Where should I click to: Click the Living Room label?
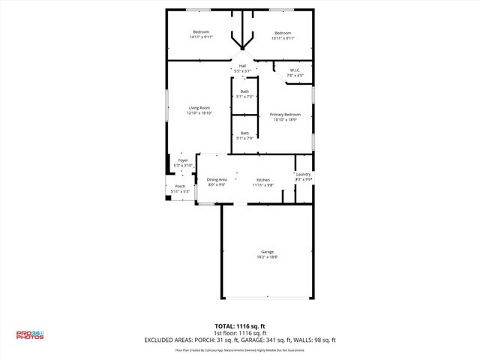(199, 108)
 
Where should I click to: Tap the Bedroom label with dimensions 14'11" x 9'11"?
(201, 33)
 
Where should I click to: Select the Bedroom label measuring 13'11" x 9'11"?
(283, 33)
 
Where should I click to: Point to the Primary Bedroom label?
(285, 114)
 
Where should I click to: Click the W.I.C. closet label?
(295, 70)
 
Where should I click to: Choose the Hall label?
(242, 66)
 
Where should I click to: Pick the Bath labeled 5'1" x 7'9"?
(245, 133)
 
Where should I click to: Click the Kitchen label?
(263, 180)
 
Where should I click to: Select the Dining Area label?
(217, 180)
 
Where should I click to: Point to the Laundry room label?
(303, 175)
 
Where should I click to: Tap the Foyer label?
(183, 160)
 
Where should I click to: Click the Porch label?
(180, 186)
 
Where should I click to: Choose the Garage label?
(267, 251)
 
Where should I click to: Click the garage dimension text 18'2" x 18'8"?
(267, 256)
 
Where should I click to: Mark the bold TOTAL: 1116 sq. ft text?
(240, 325)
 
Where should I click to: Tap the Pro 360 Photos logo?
(30, 335)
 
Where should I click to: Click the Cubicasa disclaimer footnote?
(240, 349)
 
